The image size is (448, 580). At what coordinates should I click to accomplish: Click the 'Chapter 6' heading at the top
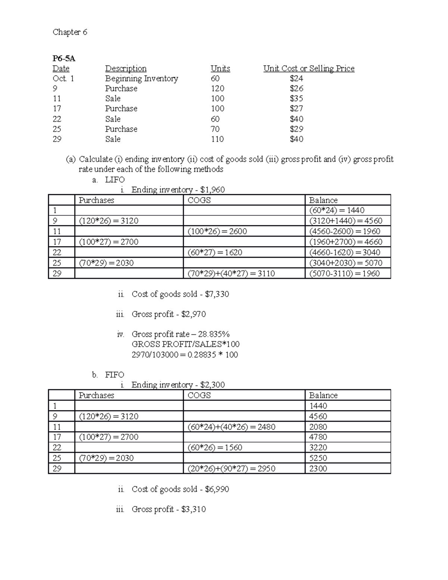pyautogui.click(x=70, y=32)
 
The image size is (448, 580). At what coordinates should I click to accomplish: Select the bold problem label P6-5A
pyautogui.click(x=63, y=58)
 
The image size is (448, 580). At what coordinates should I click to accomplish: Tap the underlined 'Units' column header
pyautogui.click(x=220, y=68)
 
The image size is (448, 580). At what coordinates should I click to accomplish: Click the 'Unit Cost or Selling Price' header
pyautogui.click(x=309, y=68)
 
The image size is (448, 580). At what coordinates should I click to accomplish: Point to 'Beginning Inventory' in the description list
pyautogui.click(x=141, y=78)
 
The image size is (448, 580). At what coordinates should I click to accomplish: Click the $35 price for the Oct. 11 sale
pyautogui.click(x=296, y=99)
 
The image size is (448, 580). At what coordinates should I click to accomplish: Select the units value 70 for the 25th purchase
pyautogui.click(x=215, y=129)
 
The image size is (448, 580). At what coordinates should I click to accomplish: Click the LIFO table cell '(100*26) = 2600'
pyautogui.click(x=217, y=231)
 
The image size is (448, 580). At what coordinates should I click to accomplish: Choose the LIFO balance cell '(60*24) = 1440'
pyautogui.click(x=337, y=210)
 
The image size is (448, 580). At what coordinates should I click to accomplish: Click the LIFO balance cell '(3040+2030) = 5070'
pyautogui.click(x=346, y=263)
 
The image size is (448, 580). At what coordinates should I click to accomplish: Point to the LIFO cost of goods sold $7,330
pyautogui.click(x=217, y=294)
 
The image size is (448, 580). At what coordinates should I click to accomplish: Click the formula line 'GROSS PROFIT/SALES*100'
pyautogui.click(x=186, y=344)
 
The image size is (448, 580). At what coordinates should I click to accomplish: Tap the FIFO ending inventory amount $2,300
pyautogui.click(x=212, y=385)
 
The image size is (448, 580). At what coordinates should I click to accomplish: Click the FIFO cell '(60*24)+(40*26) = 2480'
pyautogui.click(x=231, y=427)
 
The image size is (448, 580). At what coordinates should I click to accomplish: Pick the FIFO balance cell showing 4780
pyautogui.click(x=318, y=437)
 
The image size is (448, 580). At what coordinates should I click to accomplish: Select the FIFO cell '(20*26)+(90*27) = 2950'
pyautogui.click(x=231, y=469)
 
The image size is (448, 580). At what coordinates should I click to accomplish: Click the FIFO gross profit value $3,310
pyautogui.click(x=193, y=509)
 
